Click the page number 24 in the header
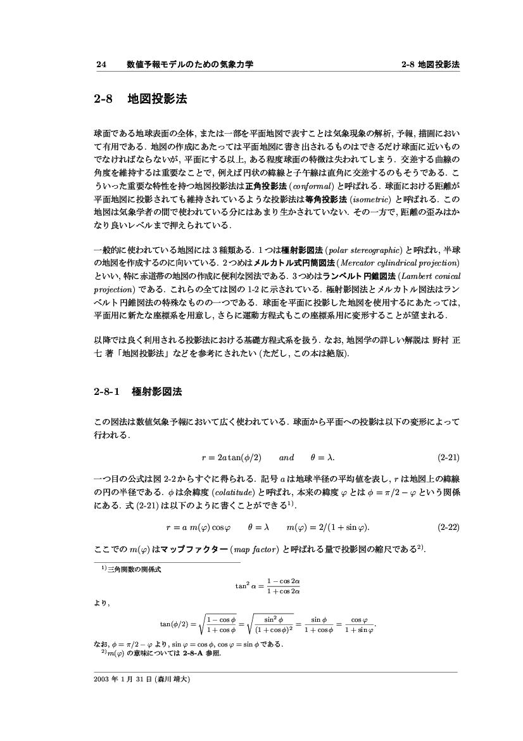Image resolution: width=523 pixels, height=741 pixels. tap(99, 65)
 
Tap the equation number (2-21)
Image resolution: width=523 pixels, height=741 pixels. tap(448, 456)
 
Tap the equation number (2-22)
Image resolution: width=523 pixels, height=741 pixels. tap(448, 525)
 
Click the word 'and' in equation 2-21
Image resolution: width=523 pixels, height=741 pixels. tap(286, 456)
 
